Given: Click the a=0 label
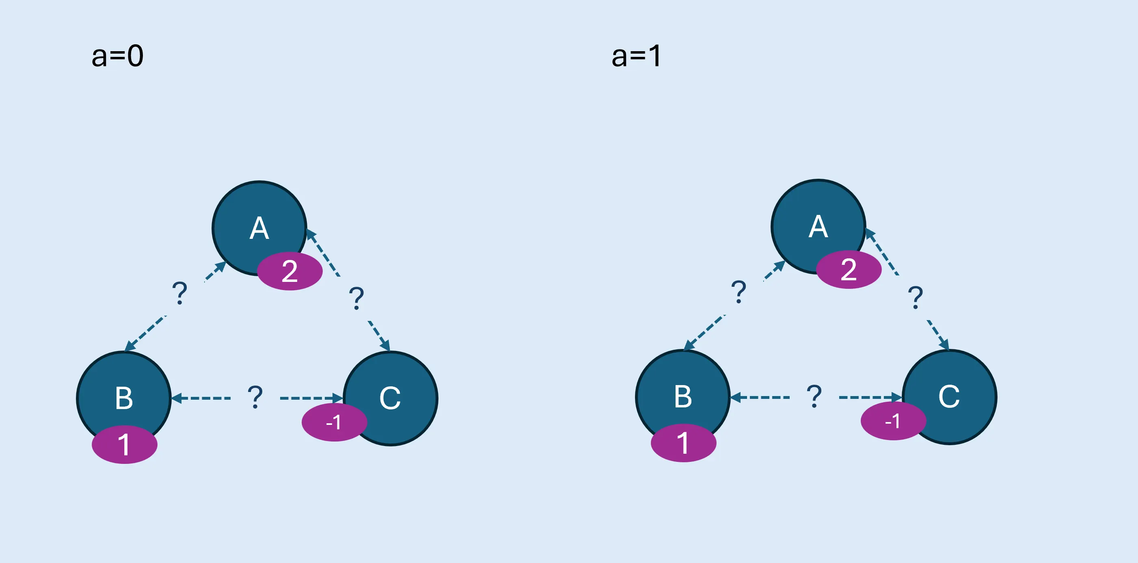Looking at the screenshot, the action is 117,56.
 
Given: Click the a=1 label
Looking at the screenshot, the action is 636,56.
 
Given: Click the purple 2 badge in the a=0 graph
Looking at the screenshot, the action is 290,271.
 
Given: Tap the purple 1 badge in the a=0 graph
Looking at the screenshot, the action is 124,444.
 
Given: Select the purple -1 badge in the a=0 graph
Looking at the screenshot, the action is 334,422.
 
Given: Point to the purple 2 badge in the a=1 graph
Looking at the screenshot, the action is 849,270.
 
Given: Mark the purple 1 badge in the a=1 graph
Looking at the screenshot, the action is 683,443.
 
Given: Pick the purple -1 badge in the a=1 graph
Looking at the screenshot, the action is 893,421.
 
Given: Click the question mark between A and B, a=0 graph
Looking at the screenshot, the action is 179,293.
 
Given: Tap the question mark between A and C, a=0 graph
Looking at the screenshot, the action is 356,298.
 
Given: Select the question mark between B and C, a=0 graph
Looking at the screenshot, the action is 255,396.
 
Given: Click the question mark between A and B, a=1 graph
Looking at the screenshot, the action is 739,292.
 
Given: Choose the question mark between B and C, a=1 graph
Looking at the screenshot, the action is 814,396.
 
